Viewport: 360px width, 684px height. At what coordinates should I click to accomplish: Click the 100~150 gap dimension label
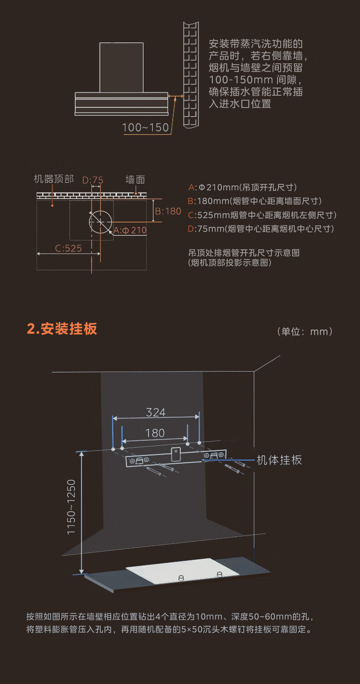tap(145, 128)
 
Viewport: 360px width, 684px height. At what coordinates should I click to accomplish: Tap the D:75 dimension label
tap(93, 180)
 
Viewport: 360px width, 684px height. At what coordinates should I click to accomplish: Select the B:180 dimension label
tap(168, 211)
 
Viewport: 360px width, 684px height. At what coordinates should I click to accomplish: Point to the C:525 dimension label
tap(68, 248)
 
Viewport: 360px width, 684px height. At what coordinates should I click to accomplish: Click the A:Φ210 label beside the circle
tap(130, 230)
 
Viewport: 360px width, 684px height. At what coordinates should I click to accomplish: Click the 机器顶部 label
tap(54, 179)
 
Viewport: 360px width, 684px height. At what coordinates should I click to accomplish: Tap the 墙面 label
tap(135, 180)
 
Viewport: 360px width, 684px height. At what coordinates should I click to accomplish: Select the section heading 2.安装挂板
tap(62, 329)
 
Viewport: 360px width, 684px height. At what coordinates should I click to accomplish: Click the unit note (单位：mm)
tap(305, 332)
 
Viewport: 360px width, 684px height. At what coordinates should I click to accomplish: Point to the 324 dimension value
tap(155, 413)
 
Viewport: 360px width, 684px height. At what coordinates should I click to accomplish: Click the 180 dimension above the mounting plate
tap(155, 433)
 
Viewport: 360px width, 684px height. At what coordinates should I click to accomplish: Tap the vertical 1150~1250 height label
tap(72, 506)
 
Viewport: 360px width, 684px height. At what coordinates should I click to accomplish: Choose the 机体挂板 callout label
tap(279, 460)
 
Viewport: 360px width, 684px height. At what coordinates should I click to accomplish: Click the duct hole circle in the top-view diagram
tap(100, 220)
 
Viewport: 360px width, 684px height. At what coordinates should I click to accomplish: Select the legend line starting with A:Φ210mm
tap(242, 187)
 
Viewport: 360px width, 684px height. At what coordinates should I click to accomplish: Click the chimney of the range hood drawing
tap(121, 67)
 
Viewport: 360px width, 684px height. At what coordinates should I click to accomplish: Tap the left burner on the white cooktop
tap(181, 577)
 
